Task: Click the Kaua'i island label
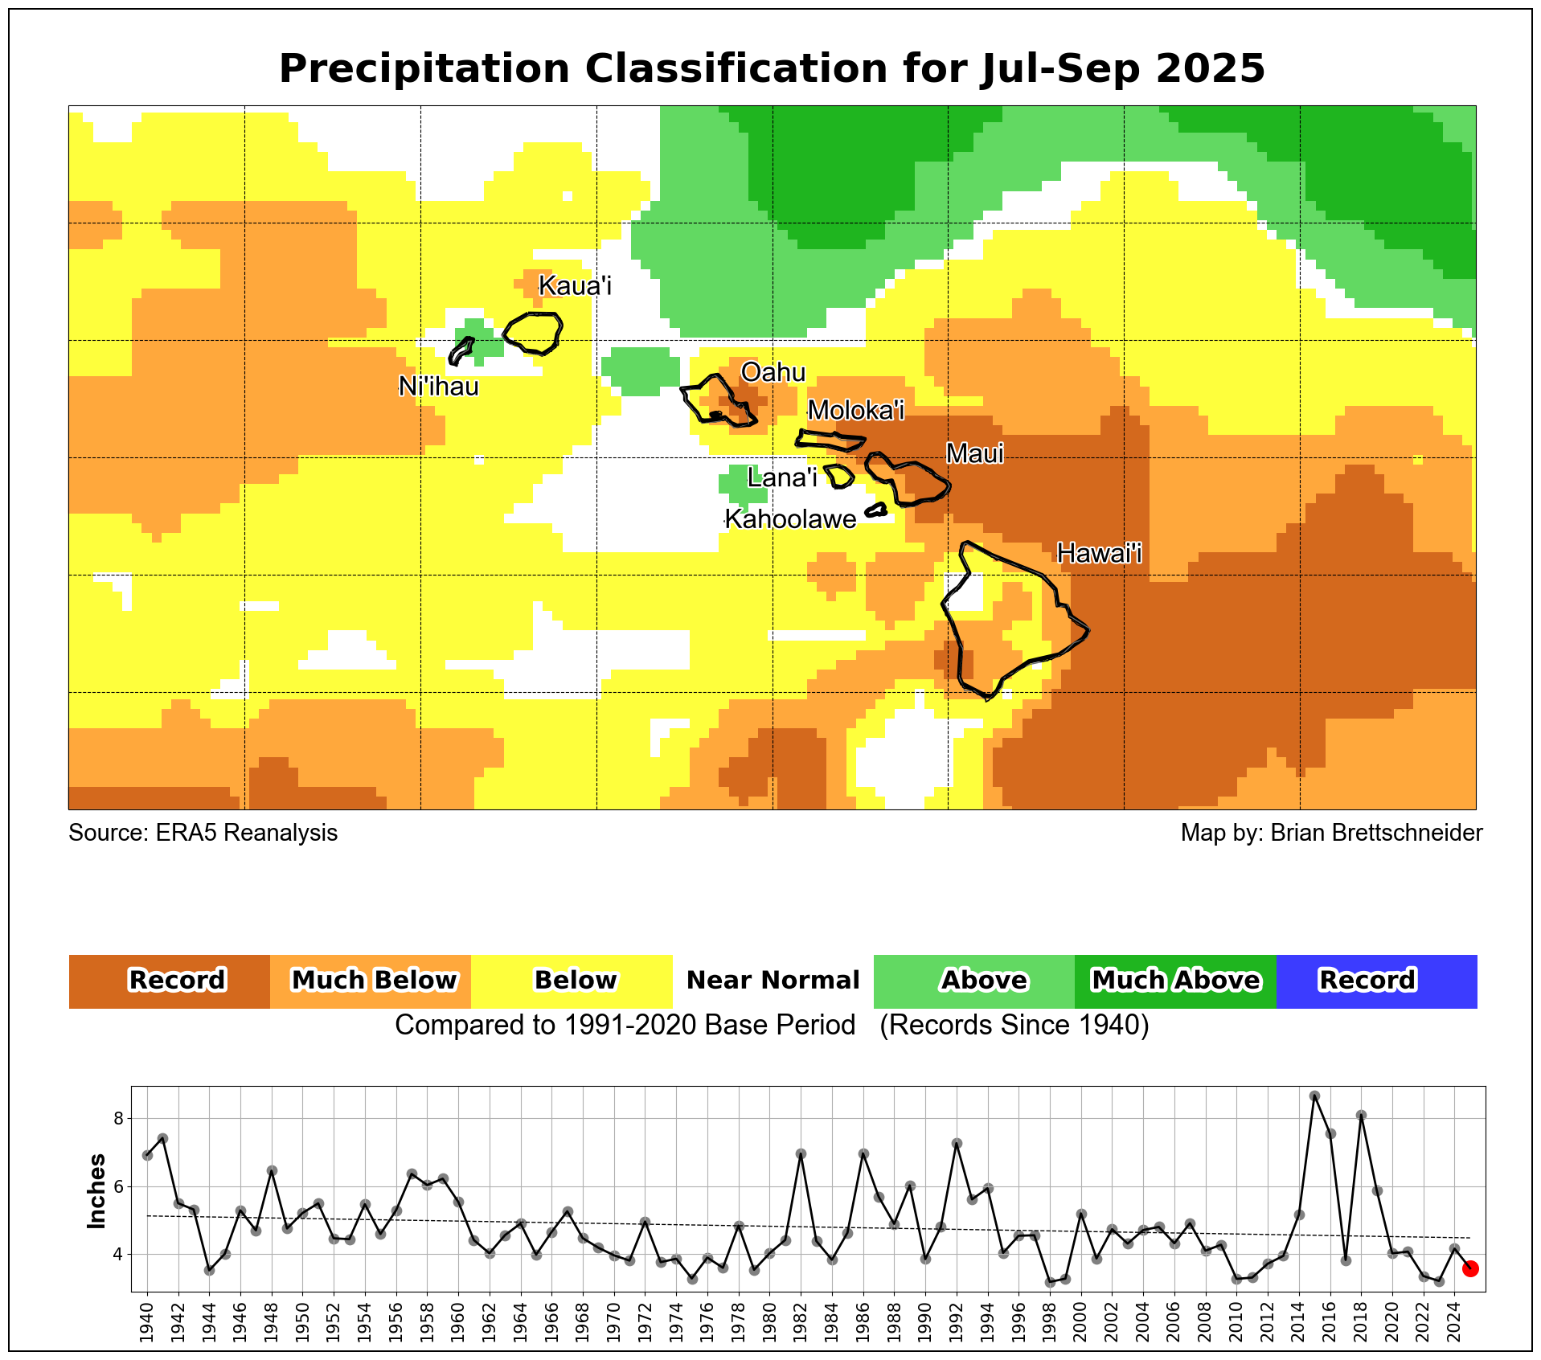[x=575, y=285]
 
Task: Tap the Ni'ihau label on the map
[x=439, y=387]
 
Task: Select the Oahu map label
[x=773, y=372]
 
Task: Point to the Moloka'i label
[x=855, y=410]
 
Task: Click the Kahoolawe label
[x=790, y=519]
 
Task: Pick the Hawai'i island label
[x=1099, y=553]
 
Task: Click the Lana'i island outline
[x=838, y=476]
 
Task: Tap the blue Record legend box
[x=1375, y=981]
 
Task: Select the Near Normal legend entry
[x=773, y=981]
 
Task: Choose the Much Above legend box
[x=1174, y=981]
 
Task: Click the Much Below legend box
[x=371, y=981]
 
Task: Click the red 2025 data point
[x=1469, y=1268]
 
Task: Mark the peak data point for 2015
[x=1314, y=1096]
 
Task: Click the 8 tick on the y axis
[x=117, y=1119]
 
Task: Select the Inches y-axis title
[x=97, y=1191]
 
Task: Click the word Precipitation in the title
[x=424, y=69]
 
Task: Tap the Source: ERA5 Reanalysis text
[x=203, y=833]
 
